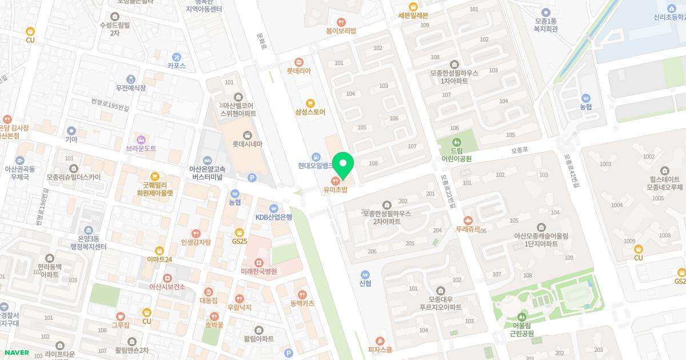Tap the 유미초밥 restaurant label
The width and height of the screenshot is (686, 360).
[x=335, y=190]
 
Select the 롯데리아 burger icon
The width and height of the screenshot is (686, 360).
[x=298, y=62]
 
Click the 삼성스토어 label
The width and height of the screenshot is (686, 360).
[x=310, y=112]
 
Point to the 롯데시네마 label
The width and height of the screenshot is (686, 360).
[x=247, y=144]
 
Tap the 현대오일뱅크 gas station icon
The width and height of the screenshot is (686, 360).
[x=316, y=157]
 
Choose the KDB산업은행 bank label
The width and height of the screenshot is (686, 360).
[x=273, y=217]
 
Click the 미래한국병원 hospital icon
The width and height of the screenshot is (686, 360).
[x=258, y=262]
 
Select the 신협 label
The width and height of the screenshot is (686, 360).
[x=365, y=283]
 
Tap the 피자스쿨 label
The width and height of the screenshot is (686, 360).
[x=380, y=350]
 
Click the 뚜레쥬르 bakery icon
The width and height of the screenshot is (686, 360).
[x=468, y=220]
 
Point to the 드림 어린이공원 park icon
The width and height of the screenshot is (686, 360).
[x=456, y=142]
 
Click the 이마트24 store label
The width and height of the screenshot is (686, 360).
[x=159, y=259]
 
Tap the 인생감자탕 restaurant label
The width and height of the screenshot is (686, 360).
[x=196, y=242]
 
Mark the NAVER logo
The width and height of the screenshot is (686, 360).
[x=17, y=353]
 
